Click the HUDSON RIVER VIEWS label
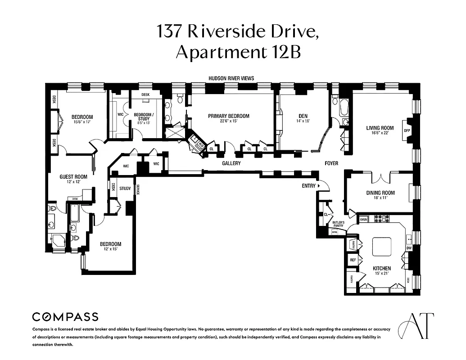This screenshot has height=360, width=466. [231, 78]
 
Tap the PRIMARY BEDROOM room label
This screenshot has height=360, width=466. [228, 116]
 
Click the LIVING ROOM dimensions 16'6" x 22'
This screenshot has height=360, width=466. [380, 133]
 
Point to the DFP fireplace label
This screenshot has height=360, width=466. [407, 130]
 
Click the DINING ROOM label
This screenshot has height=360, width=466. [380, 193]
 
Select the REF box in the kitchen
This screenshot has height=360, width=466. [353, 260]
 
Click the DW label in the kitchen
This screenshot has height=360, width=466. [409, 248]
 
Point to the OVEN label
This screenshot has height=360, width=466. [364, 219]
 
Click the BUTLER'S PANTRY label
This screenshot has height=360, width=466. [338, 225]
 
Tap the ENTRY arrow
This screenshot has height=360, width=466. [318, 185]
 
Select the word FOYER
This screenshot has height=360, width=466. [331, 163]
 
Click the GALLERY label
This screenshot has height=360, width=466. [231, 163]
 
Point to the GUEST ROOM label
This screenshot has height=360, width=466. [73, 177]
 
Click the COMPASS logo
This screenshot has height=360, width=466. [65, 316]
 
